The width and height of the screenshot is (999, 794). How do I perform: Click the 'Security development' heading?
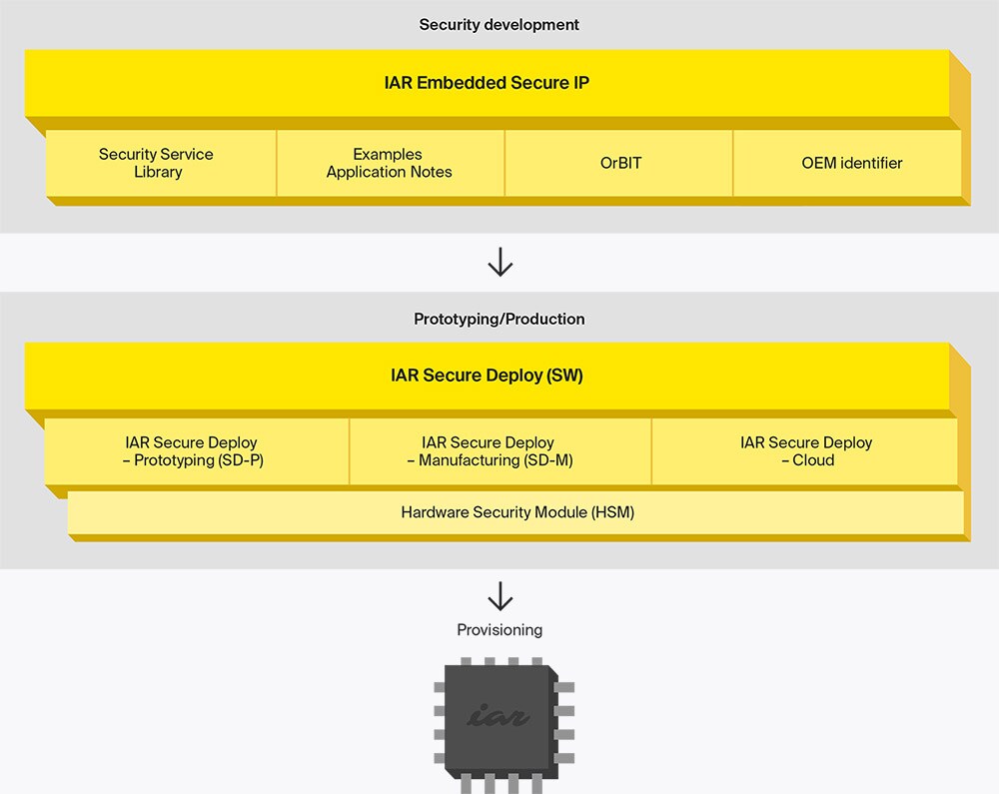tap(499, 24)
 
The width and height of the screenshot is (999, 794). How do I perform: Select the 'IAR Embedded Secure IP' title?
tap(487, 82)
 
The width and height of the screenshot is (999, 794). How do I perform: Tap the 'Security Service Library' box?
tap(157, 163)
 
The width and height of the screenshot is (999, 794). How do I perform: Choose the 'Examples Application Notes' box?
tap(389, 163)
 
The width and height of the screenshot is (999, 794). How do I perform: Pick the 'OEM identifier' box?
tap(851, 163)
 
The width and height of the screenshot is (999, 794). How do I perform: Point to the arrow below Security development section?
tap(499, 263)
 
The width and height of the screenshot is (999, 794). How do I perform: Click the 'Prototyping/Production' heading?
tap(499, 319)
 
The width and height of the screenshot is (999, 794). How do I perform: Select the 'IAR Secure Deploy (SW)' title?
tap(487, 377)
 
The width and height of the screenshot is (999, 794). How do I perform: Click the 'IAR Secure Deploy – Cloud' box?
tap(805, 451)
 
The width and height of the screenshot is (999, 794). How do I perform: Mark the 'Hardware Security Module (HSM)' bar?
tap(517, 512)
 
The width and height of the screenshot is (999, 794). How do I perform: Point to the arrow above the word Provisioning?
tap(499, 597)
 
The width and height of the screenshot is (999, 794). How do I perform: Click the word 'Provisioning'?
tap(499, 630)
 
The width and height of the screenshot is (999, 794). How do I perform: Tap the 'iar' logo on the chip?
tap(498, 716)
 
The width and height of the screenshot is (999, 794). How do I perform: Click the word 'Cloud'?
tap(813, 460)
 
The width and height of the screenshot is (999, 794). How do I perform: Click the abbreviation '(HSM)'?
tap(612, 512)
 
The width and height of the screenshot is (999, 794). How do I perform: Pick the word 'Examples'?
tap(388, 154)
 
